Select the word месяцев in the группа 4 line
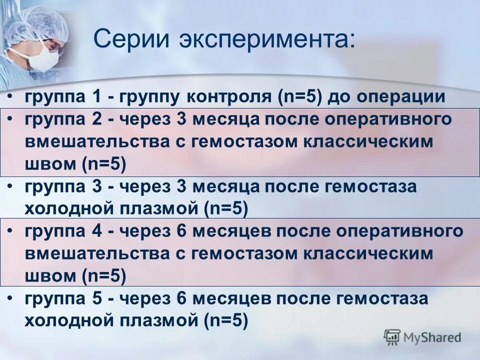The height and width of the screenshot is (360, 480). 232,231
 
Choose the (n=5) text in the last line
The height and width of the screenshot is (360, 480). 225,321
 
